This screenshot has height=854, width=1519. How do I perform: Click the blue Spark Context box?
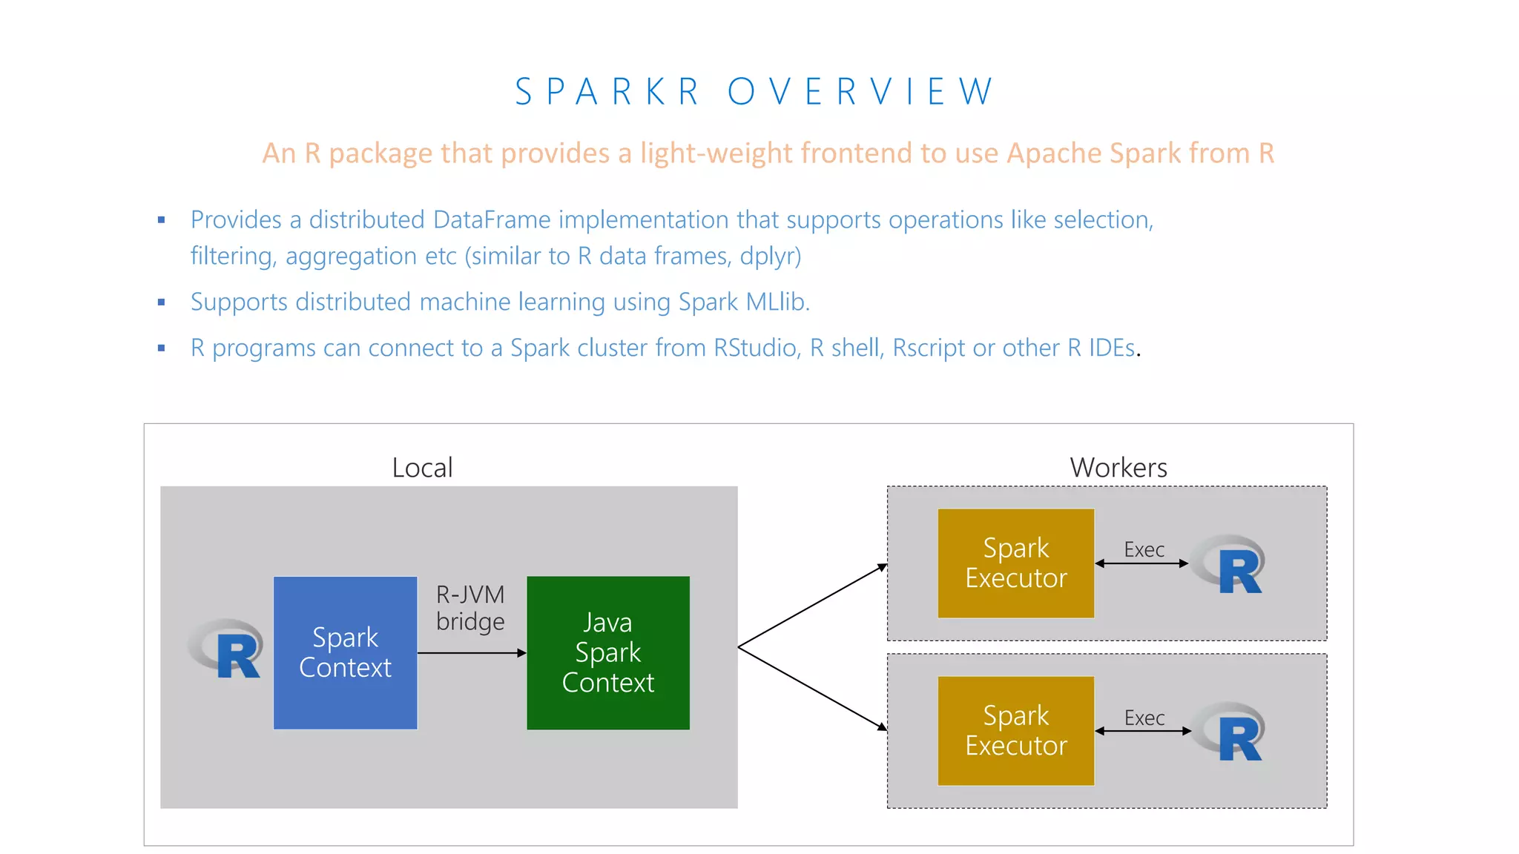(x=345, y=652)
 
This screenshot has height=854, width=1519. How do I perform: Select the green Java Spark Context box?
(x=607, y=652)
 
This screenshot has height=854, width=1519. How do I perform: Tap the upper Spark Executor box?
(x=1015, y=563)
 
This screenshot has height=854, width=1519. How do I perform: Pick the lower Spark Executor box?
(x=1015, y=730)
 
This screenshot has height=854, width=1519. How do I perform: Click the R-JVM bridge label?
(x=470, y=608)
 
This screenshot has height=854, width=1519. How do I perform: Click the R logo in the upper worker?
(x=1231, y=564)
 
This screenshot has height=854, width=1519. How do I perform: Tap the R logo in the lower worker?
(x=1231, y=732)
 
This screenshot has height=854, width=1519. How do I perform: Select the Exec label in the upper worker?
(x=1144, y=549)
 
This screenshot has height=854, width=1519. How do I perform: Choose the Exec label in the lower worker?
(x=1144, y=718)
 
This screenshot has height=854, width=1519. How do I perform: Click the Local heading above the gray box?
(x=422, y=468)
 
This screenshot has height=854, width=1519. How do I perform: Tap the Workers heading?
(x=1118, y=468)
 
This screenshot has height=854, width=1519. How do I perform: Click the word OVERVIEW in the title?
(x=860, y=92)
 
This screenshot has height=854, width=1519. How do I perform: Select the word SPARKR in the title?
(x=607, y=92)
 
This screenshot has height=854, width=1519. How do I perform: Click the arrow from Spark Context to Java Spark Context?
(x=472, y=653)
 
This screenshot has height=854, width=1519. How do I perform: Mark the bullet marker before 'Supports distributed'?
(x=162, y=302)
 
